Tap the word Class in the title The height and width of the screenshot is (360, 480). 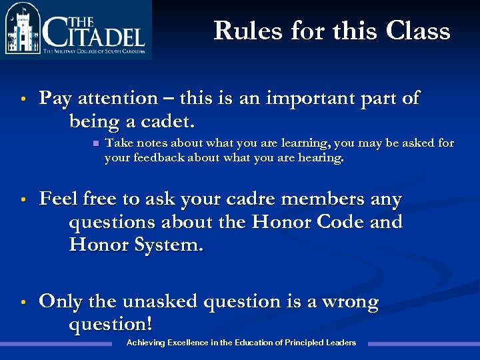tap(417, 31)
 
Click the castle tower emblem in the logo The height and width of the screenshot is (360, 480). tap(23, 30)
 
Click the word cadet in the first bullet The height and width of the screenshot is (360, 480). tap(167, 122)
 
